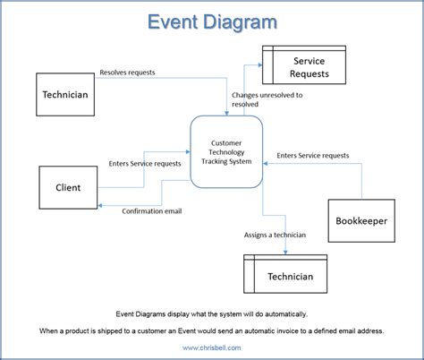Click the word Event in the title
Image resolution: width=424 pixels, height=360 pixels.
175,21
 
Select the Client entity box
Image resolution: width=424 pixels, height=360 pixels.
68,188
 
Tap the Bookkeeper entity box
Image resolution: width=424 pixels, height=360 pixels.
361,220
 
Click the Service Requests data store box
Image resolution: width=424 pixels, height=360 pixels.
297,67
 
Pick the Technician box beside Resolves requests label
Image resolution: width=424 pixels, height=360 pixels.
65,95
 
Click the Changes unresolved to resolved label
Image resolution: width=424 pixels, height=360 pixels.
267,99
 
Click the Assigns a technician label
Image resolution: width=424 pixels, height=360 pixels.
275,236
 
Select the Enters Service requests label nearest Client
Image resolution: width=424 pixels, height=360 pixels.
145,163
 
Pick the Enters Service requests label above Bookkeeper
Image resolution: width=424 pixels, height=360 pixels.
313,155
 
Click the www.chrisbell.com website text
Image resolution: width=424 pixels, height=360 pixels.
212,346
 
